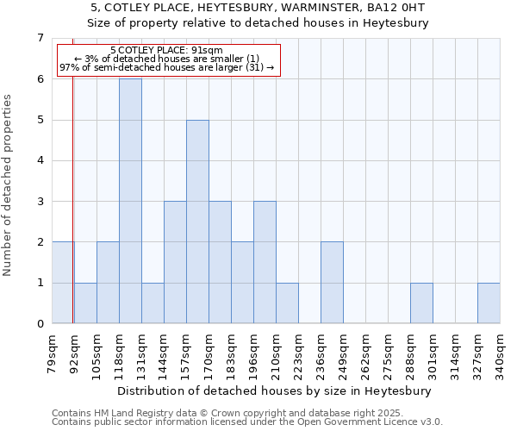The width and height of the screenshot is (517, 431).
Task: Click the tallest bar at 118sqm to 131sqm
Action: [130, 201]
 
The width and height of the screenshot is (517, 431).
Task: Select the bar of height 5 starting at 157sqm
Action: [197, 222]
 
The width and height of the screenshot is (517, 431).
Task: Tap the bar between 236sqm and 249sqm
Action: [332, 283]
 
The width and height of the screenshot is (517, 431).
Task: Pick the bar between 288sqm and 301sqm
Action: [421, 303]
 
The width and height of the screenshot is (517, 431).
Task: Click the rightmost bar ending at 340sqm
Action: [489, 303]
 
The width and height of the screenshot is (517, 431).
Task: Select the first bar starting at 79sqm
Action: [63, 283]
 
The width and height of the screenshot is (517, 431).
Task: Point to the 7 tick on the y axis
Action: [40, 38]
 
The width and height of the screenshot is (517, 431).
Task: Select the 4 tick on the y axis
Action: [40, 160]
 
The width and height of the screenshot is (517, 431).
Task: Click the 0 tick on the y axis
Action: [40, 324]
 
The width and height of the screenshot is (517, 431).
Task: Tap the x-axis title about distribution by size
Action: [276, 390]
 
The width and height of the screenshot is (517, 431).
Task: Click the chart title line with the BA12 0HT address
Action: [258, 8]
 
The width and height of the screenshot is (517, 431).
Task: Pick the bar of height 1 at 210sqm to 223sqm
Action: [287, 303]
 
